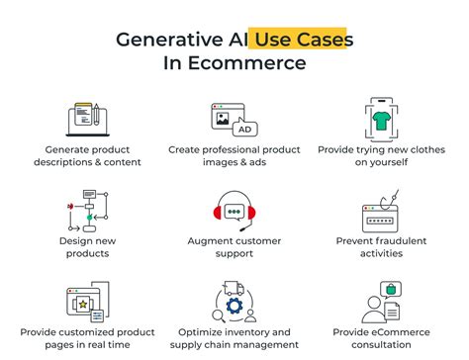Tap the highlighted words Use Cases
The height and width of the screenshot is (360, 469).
pyautogui.click(x=303, y=40)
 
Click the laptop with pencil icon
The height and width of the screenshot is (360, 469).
pyautogui.click(x=86, y=119)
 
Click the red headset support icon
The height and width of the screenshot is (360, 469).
pyautogui.click(x=234, y=211)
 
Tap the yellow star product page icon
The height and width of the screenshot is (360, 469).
pyautogui.click(x=86, y=302)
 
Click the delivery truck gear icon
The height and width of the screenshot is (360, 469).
pyautogui.click(x=234, y=302)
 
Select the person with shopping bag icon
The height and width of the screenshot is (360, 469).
pyautogui.click(x=381, y=302)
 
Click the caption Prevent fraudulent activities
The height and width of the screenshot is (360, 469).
pyautogui.click(x=381, y=246)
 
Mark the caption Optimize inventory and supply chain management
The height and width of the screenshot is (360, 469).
pyautogui.click(x=234, y=337)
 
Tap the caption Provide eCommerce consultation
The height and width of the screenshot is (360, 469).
pyautogui.click(x=381, y=337)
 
